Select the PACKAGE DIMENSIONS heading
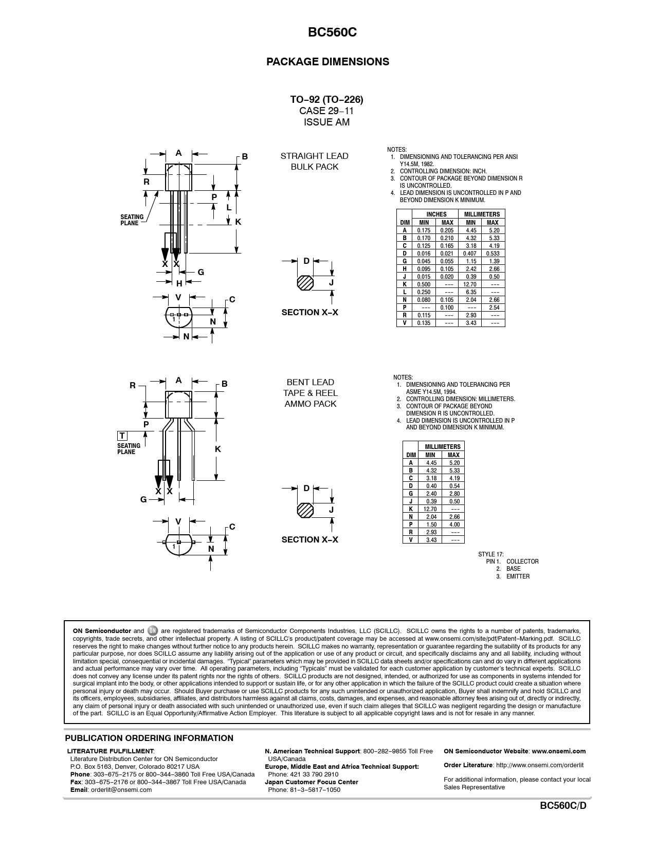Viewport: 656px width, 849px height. (327, 62)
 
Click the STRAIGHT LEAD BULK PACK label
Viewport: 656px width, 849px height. (314, 161)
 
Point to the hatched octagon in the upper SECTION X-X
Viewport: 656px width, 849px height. (305, 283)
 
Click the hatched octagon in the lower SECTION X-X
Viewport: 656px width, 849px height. (305, 510)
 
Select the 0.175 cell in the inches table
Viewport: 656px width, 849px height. (424, 230)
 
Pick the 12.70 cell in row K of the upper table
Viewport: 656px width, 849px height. (470, 284)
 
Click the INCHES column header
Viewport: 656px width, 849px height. (436, 214)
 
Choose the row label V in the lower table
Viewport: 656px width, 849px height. (410, 540)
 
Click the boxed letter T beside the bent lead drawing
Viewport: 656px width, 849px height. (122, 436)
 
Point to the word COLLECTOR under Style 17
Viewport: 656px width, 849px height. (522, 562)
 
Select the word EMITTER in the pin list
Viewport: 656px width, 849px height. (518, 576)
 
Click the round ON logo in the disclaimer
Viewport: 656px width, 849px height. (153, 631)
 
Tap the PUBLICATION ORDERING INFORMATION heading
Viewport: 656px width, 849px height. (149, 738)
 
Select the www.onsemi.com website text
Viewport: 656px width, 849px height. (558, 751)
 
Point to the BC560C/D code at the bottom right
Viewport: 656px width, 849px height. (563, 806)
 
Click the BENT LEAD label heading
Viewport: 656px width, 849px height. (310, 382)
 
